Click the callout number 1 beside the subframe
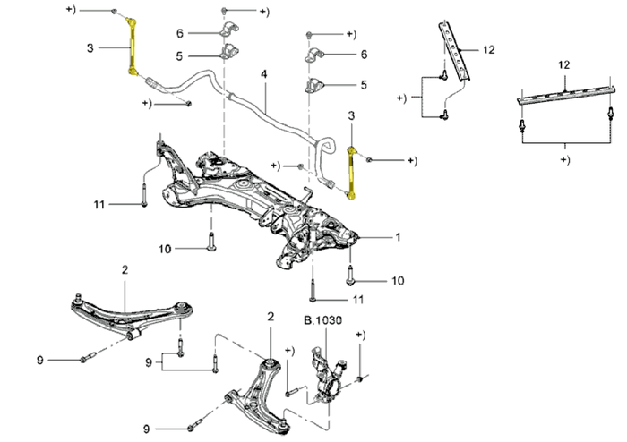click(398, 237)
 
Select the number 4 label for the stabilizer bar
click(264, 74)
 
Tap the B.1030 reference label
click(322, 320)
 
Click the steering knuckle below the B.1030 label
click(329, 375)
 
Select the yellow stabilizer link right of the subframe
click(351, 174)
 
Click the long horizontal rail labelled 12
click(565, 95)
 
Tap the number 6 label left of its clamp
click(180, 33)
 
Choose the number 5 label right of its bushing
click(364, 85)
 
